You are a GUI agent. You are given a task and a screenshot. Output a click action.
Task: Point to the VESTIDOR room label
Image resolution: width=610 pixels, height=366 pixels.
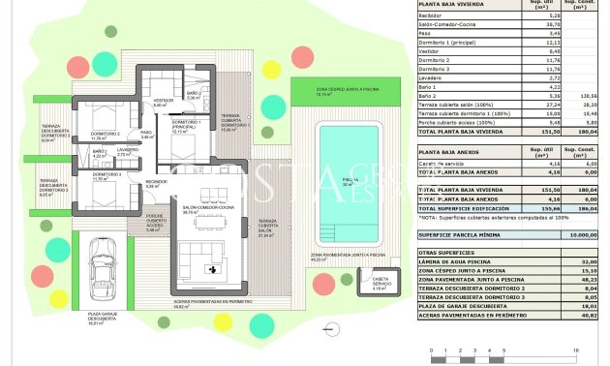[164, 102]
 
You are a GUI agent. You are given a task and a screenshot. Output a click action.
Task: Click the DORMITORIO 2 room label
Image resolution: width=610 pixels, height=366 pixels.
[105, 136]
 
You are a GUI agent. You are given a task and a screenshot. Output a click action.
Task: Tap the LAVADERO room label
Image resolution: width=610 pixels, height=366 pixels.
[128, 151]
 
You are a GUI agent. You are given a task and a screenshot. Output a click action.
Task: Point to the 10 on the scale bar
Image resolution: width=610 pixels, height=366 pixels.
[576, 350]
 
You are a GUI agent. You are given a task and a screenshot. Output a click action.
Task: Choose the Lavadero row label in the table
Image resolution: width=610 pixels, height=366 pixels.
[432, 76]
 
